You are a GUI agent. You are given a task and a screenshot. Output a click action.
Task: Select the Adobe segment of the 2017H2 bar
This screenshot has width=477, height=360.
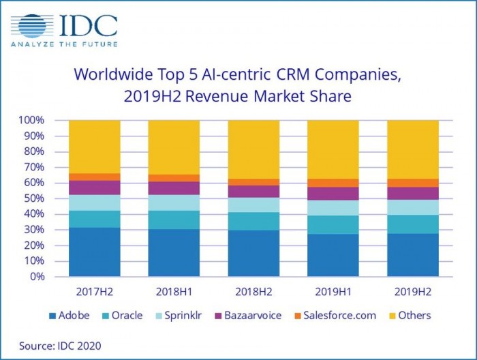point(95,252)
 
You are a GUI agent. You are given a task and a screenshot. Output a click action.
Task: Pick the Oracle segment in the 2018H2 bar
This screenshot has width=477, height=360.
point(253,221)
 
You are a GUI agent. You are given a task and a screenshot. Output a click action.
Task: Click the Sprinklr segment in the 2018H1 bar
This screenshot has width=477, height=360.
point(174,202)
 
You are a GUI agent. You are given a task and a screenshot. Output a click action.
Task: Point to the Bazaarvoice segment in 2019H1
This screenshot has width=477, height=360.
point(333,194)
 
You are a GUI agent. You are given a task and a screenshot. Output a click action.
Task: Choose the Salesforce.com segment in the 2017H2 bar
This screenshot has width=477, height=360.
point(95,177)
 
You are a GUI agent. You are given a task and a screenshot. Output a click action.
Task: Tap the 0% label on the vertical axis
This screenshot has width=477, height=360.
point(38,277)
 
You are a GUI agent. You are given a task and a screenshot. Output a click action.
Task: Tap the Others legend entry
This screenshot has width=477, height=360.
point(412,316)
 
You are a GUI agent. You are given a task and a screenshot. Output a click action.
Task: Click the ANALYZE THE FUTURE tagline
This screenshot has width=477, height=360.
point(64,44)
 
